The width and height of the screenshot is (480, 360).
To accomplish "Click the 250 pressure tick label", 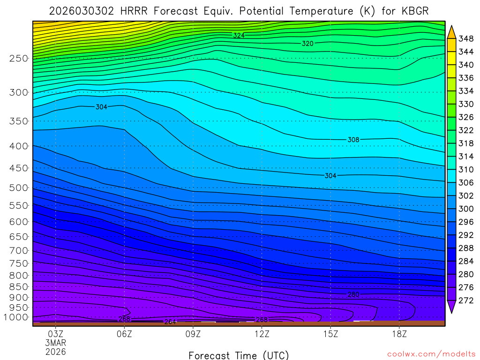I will click(18, 58).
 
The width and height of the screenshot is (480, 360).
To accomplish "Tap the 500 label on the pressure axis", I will click(18, 187).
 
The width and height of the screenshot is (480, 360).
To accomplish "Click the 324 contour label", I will click(239, 35).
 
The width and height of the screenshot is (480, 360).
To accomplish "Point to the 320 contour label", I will click(307, 43).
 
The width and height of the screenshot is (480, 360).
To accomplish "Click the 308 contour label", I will click(353, 140).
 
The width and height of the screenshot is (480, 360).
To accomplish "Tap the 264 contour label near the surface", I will click(170, 322).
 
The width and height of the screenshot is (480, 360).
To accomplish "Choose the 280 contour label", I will click(353, 294).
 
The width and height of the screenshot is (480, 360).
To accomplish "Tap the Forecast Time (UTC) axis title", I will click(239, 355).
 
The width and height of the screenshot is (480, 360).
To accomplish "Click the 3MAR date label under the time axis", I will click(56, 343).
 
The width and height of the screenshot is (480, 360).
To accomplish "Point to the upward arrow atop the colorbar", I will click(452, 31).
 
